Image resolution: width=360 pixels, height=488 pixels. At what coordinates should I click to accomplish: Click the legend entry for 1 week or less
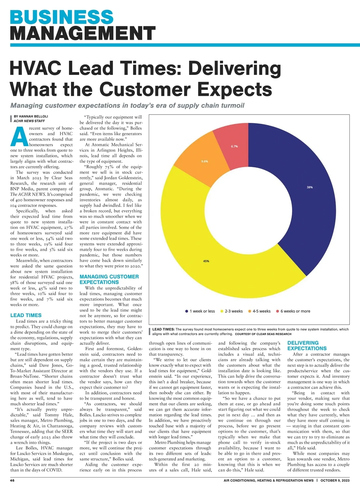(200, 311)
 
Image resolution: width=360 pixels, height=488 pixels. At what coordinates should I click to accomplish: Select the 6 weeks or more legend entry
(293, 311)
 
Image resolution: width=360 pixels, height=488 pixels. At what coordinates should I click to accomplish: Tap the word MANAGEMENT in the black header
(83, 33)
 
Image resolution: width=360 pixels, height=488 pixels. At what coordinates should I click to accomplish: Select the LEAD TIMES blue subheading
(26, 315)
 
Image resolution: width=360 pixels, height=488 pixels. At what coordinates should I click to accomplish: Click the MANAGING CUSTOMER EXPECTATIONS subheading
(109, 279)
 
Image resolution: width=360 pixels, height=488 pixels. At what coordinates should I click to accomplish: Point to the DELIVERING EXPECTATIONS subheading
(307, 346)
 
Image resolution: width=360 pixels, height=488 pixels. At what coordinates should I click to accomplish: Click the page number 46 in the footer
(12, 481)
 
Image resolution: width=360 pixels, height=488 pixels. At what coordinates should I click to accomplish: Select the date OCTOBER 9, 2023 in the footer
(335, 481)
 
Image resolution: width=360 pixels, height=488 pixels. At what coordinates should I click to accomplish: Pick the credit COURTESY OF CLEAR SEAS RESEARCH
(263, 334)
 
